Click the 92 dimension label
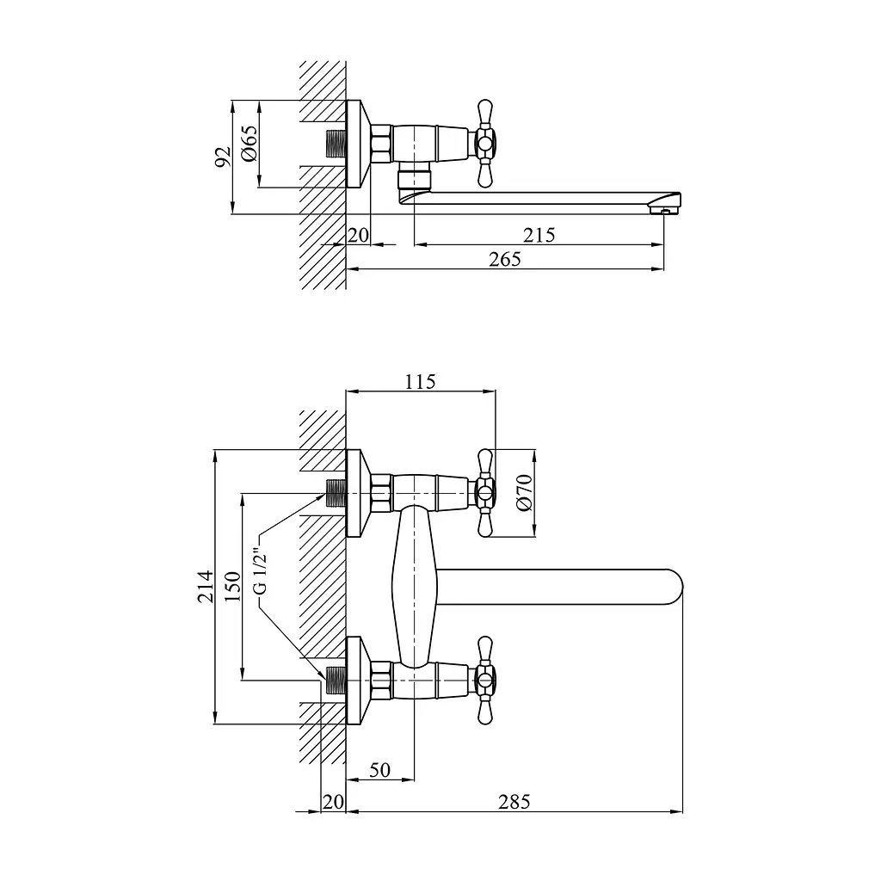223,157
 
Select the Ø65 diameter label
249,144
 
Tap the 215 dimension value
539,235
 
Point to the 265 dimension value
504,259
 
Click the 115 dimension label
420,382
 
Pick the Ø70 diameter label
523,493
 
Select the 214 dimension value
206,586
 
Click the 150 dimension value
232,586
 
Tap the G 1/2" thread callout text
260,571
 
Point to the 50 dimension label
379,770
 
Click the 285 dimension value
514,802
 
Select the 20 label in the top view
358,235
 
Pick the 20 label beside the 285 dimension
333,802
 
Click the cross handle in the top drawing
484,144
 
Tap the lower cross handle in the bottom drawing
484,681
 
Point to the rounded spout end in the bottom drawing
674,588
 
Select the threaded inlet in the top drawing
336,144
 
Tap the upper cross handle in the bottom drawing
484,493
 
